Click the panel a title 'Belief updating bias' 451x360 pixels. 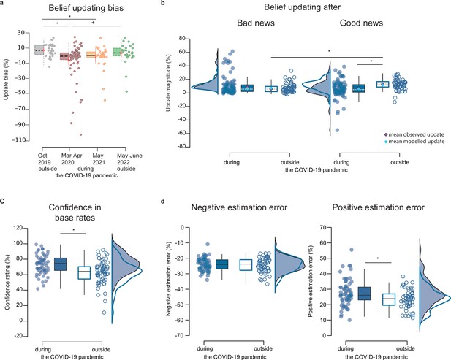pyautogui.click(x=86, y=8)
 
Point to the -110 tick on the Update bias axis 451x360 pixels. pyautogui.click(x=19, y=140)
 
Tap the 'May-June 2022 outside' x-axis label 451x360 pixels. pyautogui.click(x=129, y=162)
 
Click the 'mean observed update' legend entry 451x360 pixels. pyautogui.click(x=414, y=134)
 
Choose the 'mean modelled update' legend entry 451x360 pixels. pyautogui.click(x=414, y=142)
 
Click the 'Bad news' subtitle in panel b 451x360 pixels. pyautogui.click(x=256, y=23)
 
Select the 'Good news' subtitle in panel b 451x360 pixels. pyautogui.click(x=361, y=23)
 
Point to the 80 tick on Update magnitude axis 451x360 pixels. pyautogui.click(x=181, y=39)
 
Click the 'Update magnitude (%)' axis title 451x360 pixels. pyautogui.click(x=169, y=83)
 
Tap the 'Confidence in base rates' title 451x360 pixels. pyautogui.click(x=75, y=212)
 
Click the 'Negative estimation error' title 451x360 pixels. pyautogui.click(x=239, y=207)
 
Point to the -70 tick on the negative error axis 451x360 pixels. pyautogui.click(x=179, y=335)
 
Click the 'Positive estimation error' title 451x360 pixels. pyautogui.click(x=378, y=207)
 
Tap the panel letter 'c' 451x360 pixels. pyautogui.click(x=2, y=202)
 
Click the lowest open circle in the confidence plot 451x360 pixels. pyautogui.click(x=104, y=313)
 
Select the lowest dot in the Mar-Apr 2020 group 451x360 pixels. pyautogui.click(x=81, y=134)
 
